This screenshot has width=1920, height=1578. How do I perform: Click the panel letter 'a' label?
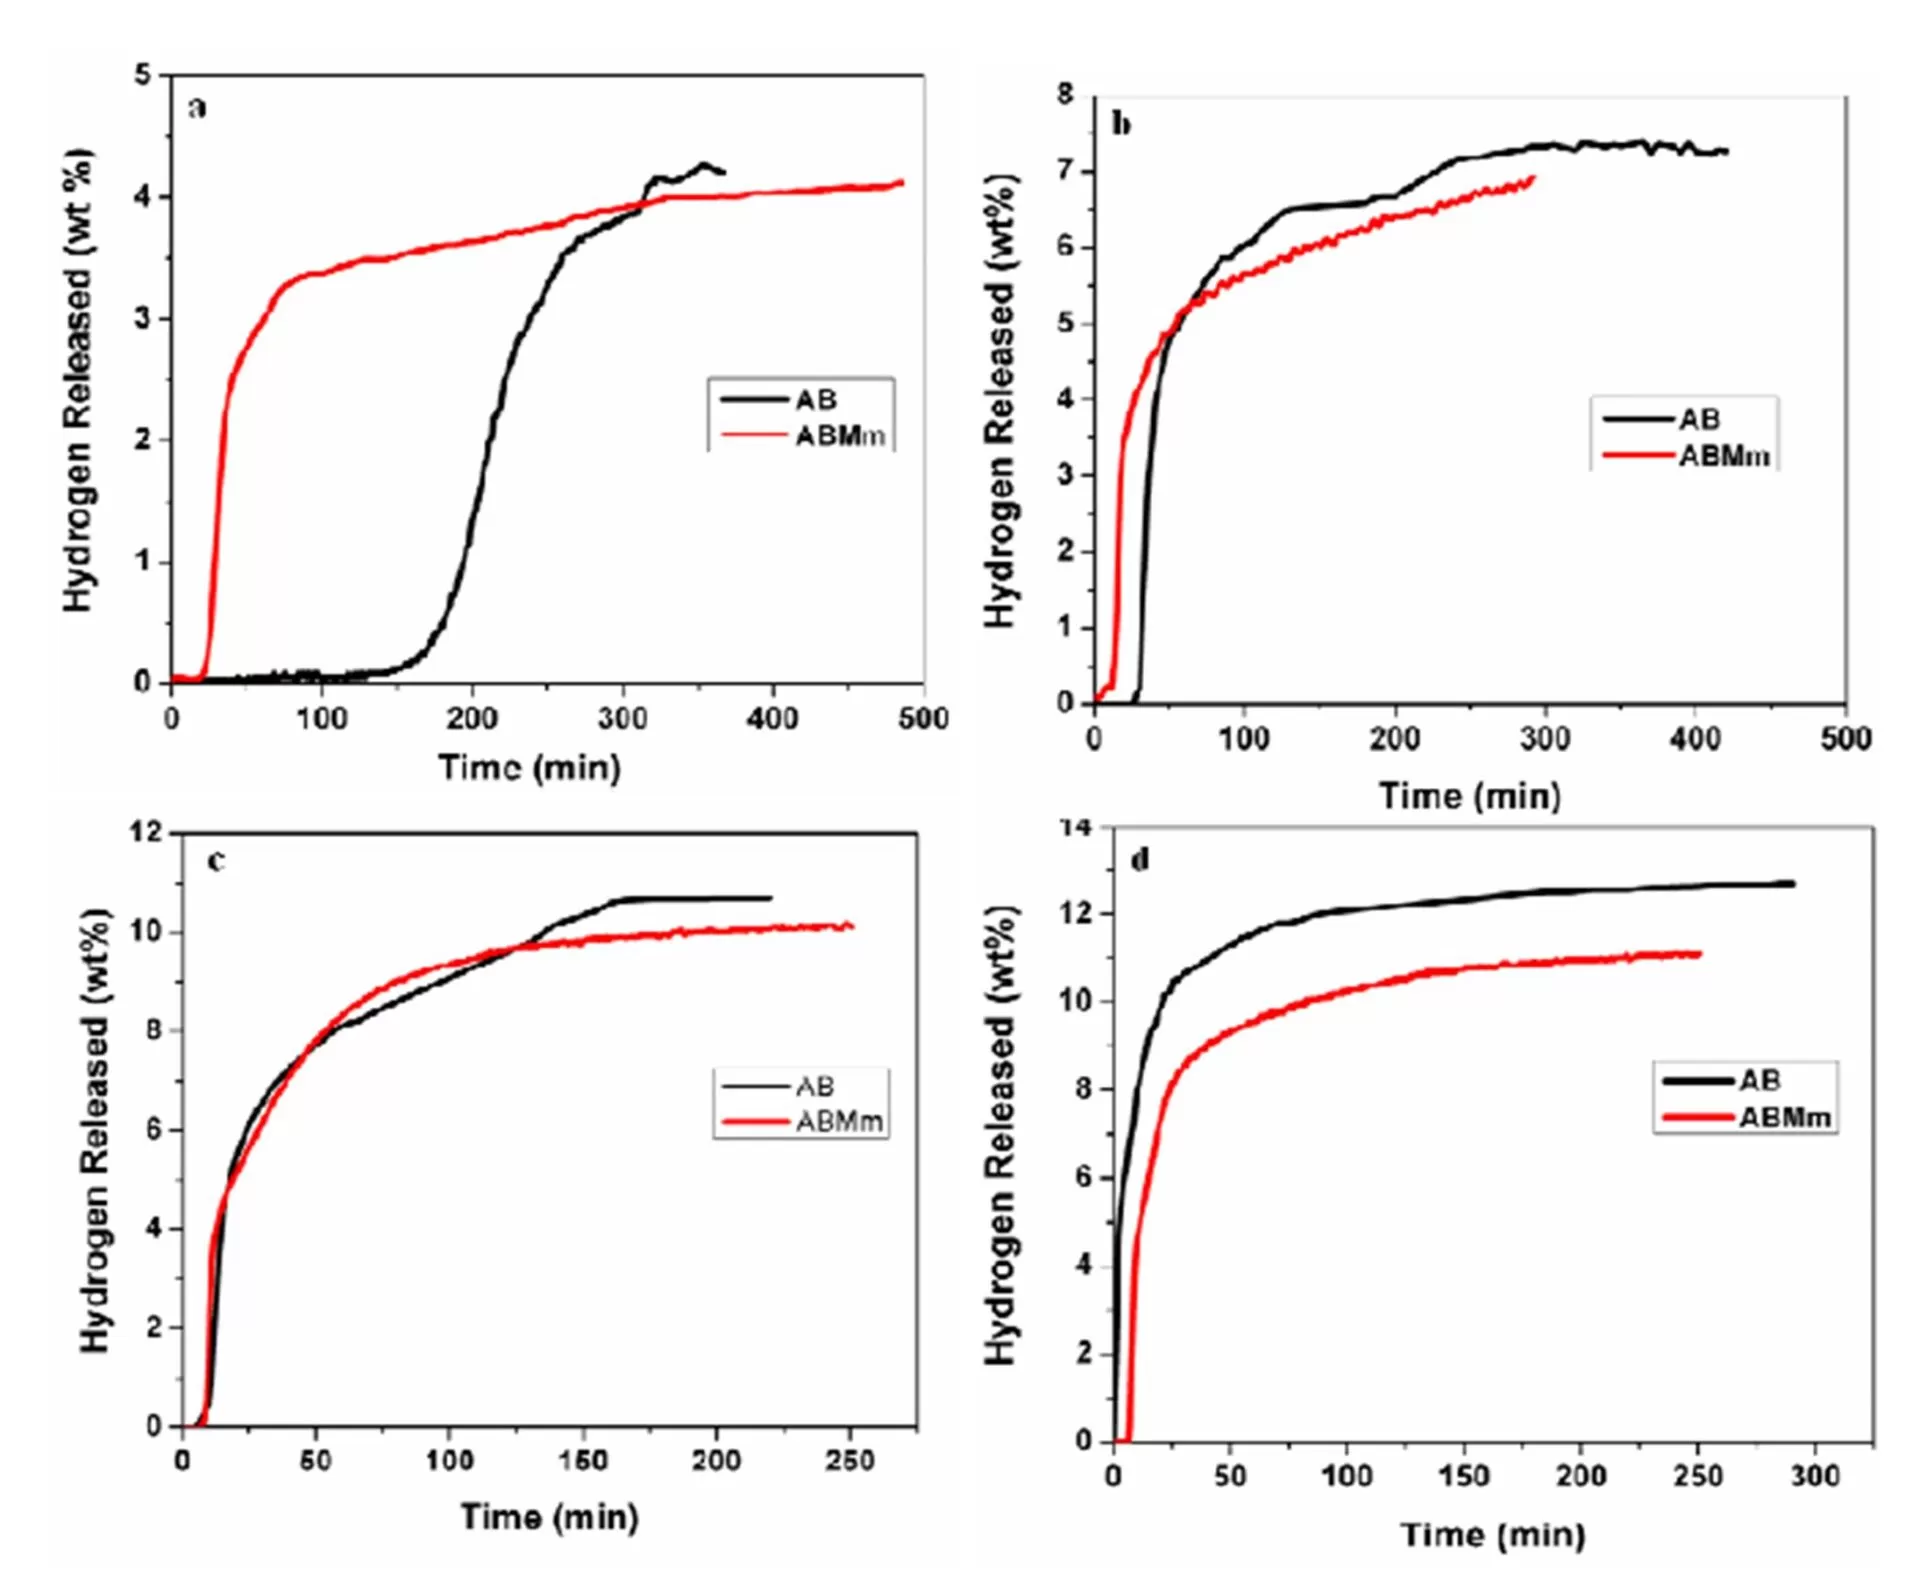click(197, 107)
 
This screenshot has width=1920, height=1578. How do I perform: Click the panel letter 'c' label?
click(216, 860)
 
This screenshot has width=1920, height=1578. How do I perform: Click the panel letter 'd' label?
click(1139, 859)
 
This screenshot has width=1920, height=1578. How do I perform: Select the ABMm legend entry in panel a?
click(839, 436)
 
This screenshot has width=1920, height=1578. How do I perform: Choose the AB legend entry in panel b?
click(1699, 419)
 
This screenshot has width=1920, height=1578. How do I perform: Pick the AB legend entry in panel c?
click(814, 1086)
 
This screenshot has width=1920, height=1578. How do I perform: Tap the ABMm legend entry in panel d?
click(1785, 1117)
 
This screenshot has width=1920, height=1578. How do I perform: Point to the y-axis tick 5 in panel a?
click(143, 75)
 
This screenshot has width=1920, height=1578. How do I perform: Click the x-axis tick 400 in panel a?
click(772, 718)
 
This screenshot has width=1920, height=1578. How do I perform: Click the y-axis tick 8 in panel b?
click(1065, 95)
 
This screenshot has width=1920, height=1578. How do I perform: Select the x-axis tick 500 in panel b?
click(1845, 739)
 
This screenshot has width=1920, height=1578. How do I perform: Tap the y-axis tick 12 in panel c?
click(146, 832)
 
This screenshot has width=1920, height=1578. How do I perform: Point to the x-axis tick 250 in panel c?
click(849, 1460)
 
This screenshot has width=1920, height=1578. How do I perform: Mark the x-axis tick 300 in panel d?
click(1814, 1475)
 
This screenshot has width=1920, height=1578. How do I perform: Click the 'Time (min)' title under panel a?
click(529, 768)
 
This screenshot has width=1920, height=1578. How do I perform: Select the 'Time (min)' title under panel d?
click(1492, 1534)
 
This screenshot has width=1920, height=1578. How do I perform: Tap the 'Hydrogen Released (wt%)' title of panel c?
click(95, 1130)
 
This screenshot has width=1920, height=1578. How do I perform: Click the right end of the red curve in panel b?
click(1533, 178)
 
